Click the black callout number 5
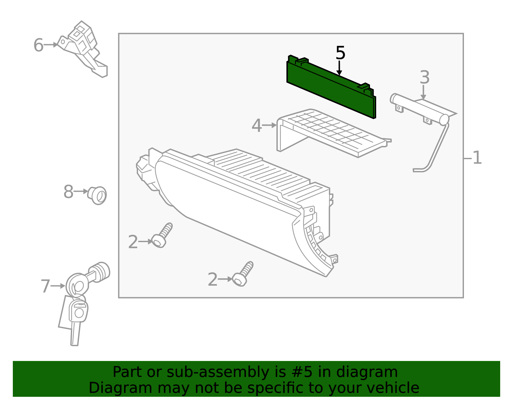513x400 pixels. click(340, 53)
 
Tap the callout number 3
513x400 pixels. click(425, 77)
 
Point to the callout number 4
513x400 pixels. click(256, 126)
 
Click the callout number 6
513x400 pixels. click(38, 45)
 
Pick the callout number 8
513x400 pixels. click(69, 192)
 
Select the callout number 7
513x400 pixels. click(45, 286)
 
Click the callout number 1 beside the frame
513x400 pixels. click(477, 158)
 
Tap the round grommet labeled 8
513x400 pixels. click(97, 195)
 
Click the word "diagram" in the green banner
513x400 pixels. click(367, 372)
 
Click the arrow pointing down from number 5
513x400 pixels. click(339, 68)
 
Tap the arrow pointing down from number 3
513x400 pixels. click(423, 92)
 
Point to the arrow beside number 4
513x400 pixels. click(269, 125)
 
